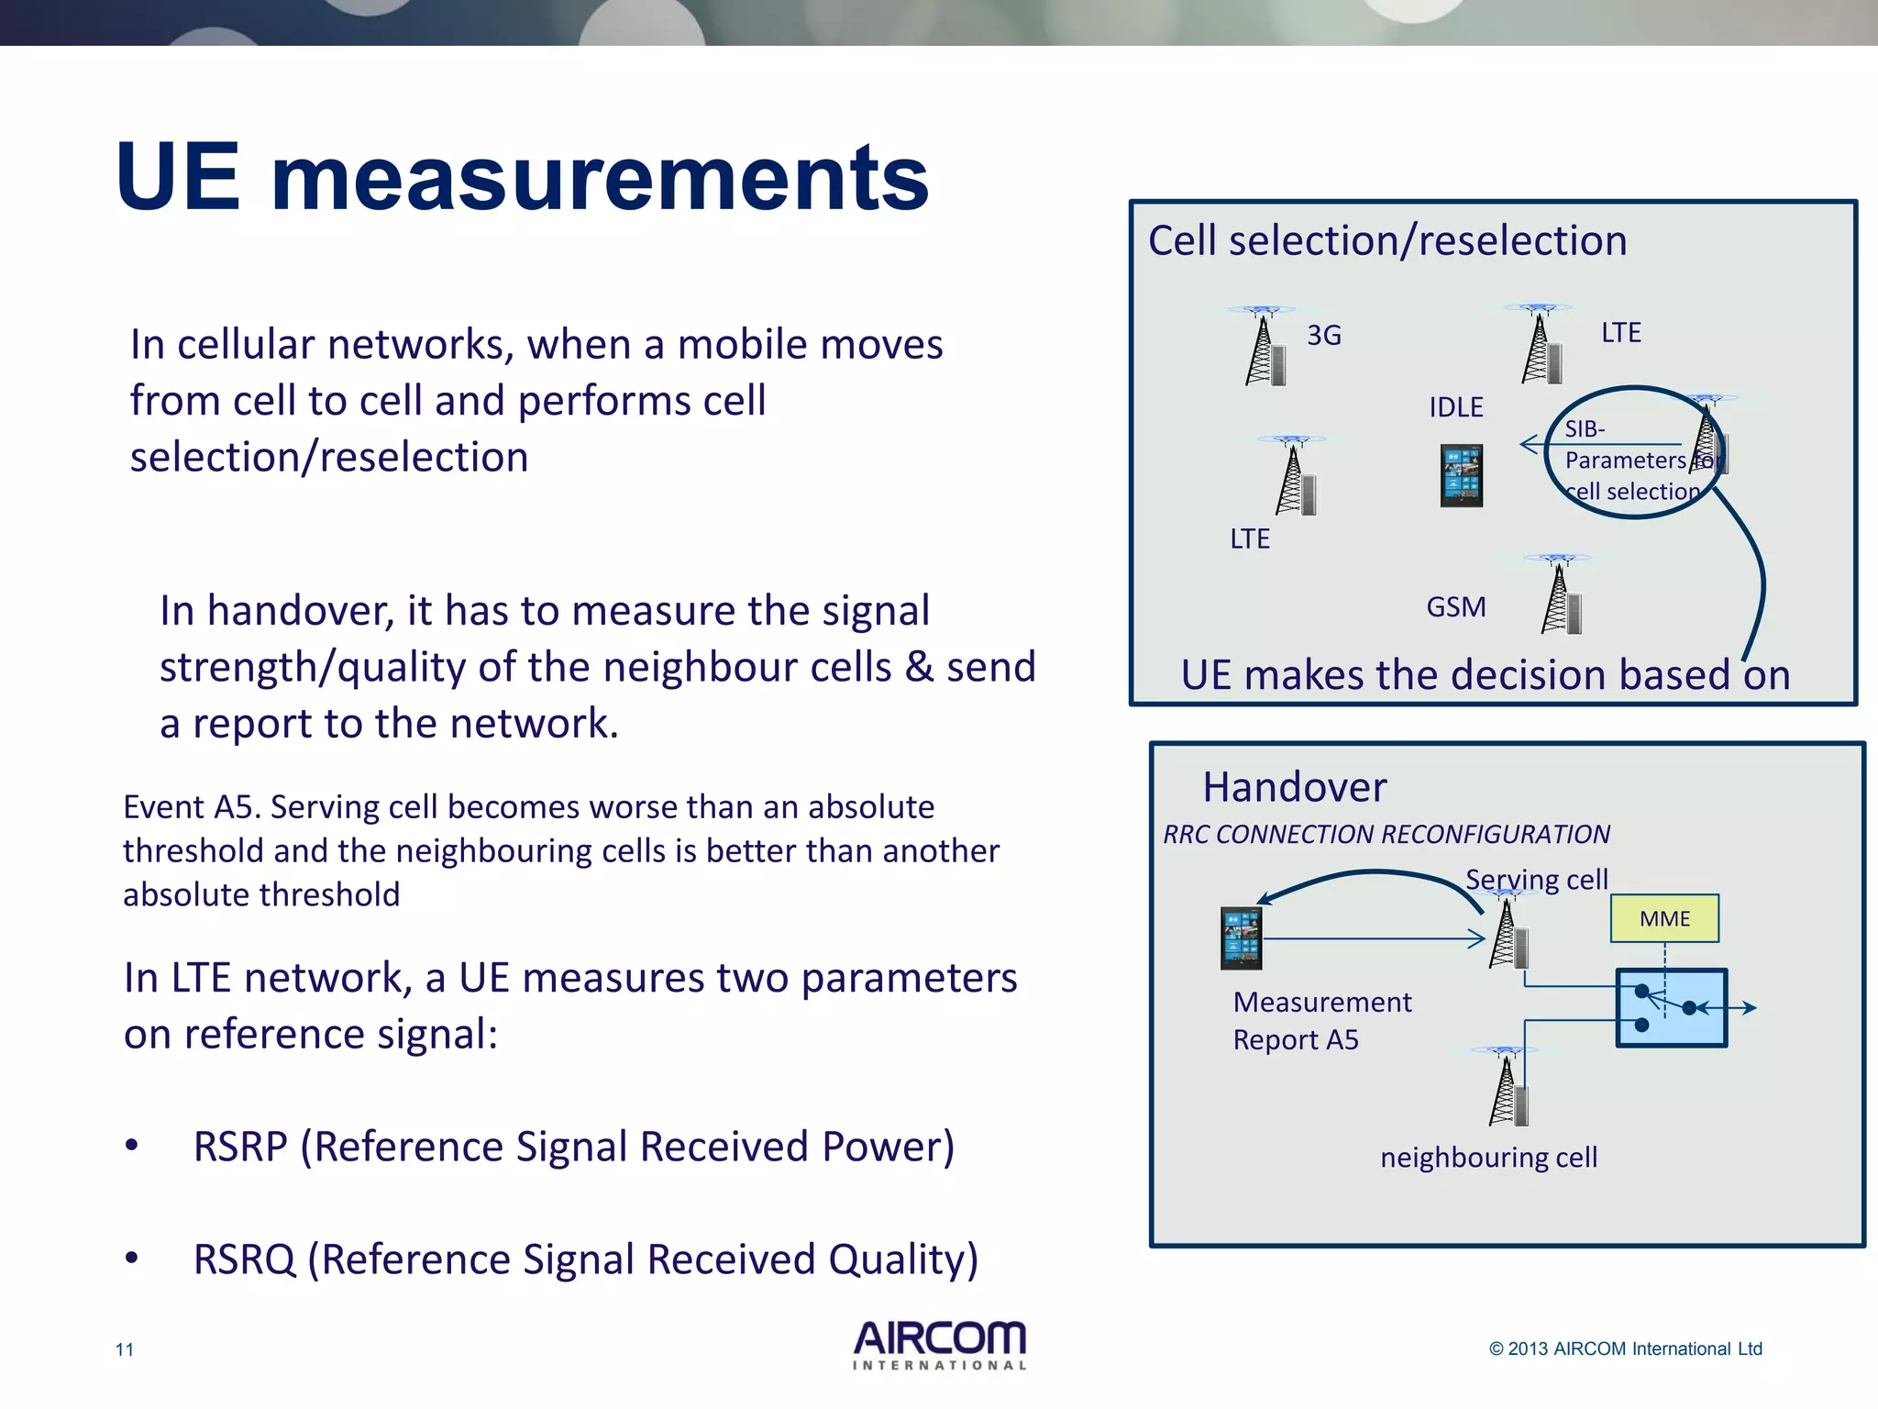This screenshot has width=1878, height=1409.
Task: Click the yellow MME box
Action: tap(1664, 918)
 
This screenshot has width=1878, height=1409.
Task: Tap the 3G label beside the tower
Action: tap(1324, 336)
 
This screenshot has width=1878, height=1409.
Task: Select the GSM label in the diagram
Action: tap(1455, 607)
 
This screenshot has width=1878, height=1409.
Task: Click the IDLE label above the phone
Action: tap(1455, 407)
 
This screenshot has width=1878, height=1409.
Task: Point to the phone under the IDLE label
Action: tap(1461, 476)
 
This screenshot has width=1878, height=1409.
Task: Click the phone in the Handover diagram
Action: tap(1241, 938)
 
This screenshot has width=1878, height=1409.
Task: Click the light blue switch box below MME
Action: tap(1671, 1008)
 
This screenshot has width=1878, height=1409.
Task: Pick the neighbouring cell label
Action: tap(1488, 1158)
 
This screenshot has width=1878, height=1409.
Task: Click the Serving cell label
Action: tap(1536, 879)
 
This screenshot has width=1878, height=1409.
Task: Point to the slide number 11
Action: tap(125, 1349)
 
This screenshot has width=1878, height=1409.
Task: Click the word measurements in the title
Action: tap(600, 178)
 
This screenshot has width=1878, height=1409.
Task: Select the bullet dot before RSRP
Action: tap(132, 1146)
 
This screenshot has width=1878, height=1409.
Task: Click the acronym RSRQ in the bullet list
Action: tap(244, 1259)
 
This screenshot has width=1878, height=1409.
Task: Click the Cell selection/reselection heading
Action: tap(1386, 241)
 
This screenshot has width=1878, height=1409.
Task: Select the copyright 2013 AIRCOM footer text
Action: tap(1625, 1348)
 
